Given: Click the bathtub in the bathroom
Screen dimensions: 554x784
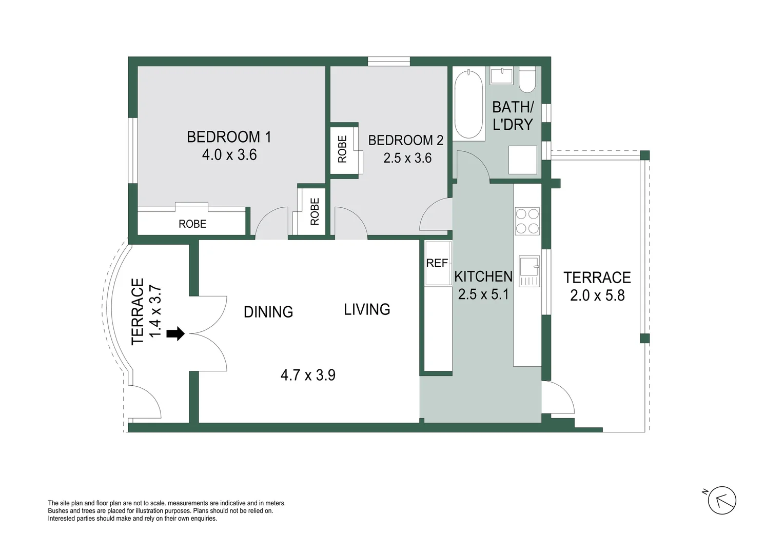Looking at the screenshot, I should pyautogui.click(x=468, y=104).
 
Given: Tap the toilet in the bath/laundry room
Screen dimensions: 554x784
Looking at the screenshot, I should pyautogui.click(x=527, y=80).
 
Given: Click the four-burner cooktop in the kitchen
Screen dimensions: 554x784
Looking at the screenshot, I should pyautogui.click(x=527, y=221).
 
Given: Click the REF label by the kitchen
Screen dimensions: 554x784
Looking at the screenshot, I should pyautogui.click(x=437, y=263).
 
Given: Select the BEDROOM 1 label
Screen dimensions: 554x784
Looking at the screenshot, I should pyautogui.click(x=229, y=137).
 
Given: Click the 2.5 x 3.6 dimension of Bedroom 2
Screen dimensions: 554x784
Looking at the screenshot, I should pyautogui.click(x=407, y=158).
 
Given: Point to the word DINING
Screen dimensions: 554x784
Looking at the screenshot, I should pyautogui.click(x=268, y=312).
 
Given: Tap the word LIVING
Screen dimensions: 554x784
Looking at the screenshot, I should pyautogui.click(x=367, y=309).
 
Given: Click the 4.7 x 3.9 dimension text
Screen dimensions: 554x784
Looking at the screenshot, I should pyautogui.click(x=308, y=375).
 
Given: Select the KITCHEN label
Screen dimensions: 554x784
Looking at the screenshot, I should pyautogui.click(x=483, y=276).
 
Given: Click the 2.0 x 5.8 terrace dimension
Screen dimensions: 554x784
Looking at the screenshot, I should pyautogui.click(x=597, y=295).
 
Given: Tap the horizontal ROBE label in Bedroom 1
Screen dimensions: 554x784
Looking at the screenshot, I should pyautogui.click(x=192, y=224).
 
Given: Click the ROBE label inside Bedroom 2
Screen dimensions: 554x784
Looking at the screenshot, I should pyautogui.click(x=342, y=149).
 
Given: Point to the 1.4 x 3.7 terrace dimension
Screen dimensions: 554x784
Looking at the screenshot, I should pyautogui.click(x=155, y=312).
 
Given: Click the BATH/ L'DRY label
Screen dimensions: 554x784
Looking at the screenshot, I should pyautogui.click(x=513, y=115).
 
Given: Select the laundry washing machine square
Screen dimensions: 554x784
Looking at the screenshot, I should pyautogui.click(x=522, y=160).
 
